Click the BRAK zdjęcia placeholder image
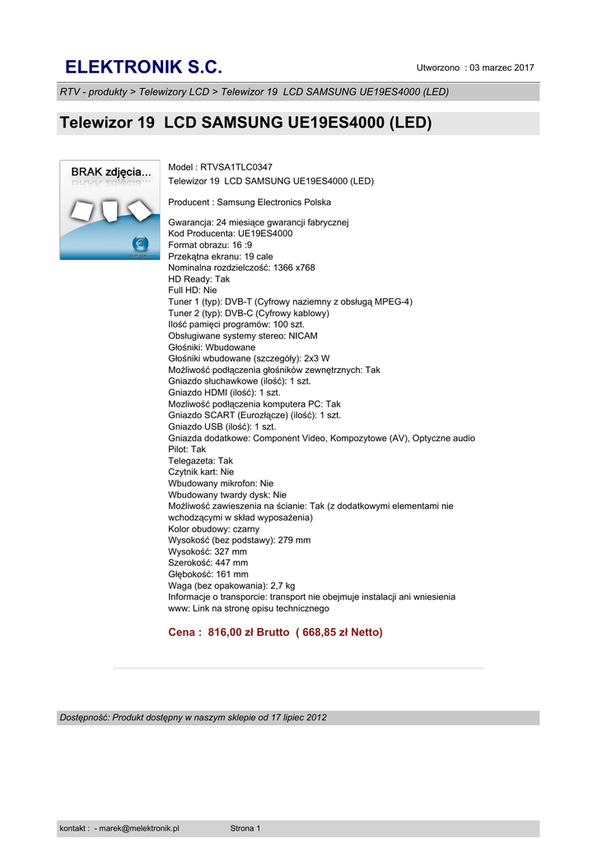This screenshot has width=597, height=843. pyautogui.click(x=110, y=210)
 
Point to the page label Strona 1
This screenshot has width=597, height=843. pyautogui.click(x=245, y=828)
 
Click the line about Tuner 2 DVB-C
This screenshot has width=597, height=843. pyautogui.click(x=249, y=313)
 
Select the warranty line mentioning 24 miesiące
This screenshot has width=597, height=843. pyautogui.click(x=259, y=222)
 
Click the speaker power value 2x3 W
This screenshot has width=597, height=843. pyautogui.click(x=316, y=358)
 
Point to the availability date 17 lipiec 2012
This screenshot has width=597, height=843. pyautogui.click(x=292, y=717)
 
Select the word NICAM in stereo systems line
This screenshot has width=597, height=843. pyautogui.click(x=301, y=336)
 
